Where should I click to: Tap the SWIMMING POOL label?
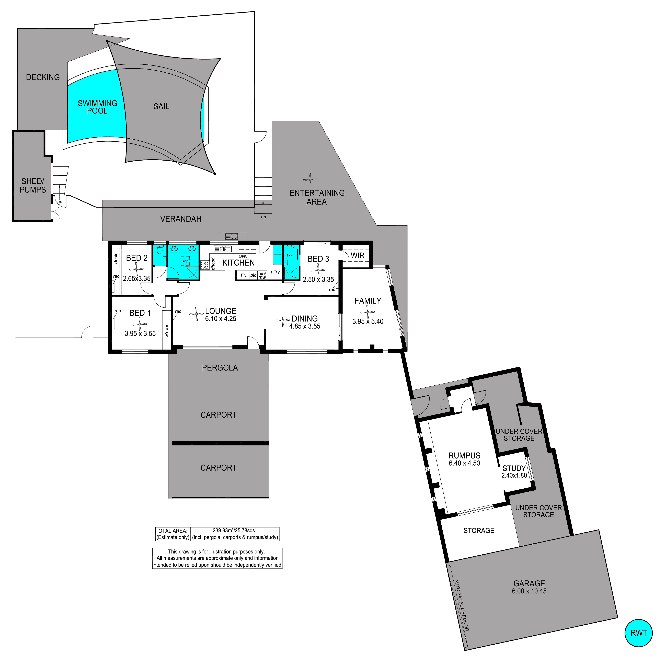pos(98,107)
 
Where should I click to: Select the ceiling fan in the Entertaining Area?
pos(310,180)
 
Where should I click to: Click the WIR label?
pos(358,255)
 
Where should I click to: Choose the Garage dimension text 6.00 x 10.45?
pos(529,591)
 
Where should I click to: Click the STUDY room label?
pos(514,468)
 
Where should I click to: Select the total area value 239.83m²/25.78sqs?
pos(234,531)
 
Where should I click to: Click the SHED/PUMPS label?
pos(33,185)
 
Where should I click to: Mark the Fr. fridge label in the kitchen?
pos(243,275)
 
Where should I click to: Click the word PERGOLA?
pos(220,368)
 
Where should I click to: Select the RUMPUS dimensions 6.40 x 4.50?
pos(464,463)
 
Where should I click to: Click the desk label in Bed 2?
pos(116,259)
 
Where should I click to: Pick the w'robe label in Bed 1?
pos(167,330)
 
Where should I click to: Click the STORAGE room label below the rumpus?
pos(479,531)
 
